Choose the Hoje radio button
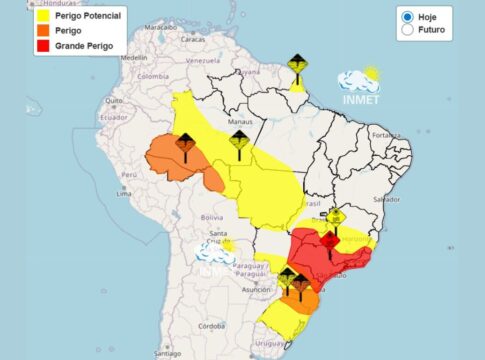407,16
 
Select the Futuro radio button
407,30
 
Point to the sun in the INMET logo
371,74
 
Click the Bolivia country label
210,216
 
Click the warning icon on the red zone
328,241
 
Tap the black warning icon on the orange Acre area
185,145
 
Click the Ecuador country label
112,115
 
